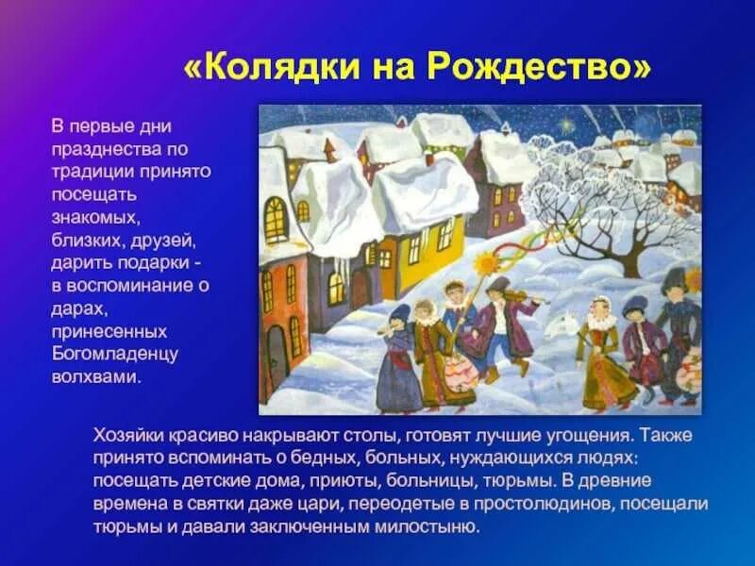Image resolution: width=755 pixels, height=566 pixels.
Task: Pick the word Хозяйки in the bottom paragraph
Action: [x=129, y=437]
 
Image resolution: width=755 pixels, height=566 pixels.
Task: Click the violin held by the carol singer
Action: [x=528, y=299]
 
